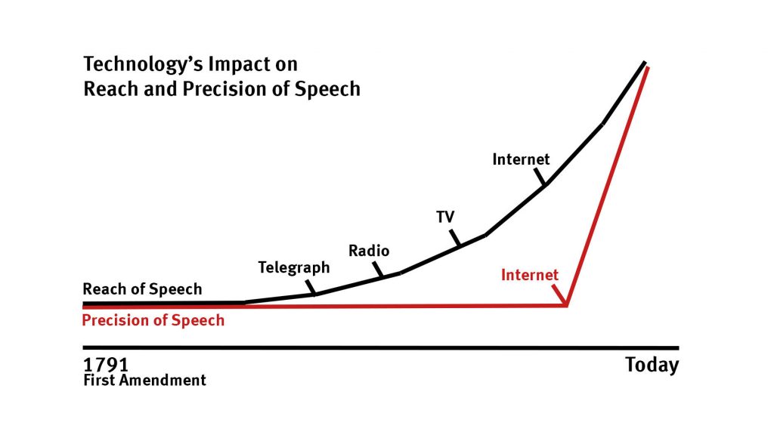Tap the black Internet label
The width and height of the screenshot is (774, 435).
pyautogui.click(x=521, y=159)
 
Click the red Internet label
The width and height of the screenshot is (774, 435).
pyautogui.click(x=530, y=275)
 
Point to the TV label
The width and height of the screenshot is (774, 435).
pyautogui.click(x=445, y=217)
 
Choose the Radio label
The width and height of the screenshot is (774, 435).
pyautogui.click(x=369, y=251)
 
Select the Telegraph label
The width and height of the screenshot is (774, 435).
pyautogui.click(x=294, y=268)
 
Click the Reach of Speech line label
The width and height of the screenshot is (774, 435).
pyautogui.click(x=142, y=289)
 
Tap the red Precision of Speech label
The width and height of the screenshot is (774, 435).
pyautogui.click(x=153, y=320)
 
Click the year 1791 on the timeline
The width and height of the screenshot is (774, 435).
pyautogui.click(x=106, y=365)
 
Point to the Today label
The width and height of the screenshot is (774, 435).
pyautogui.click(x=652, y=366)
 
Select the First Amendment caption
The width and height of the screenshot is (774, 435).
pyautogui.click(x=144, y=381)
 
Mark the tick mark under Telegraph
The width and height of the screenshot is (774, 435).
pyautogui.click(x=311, y=288)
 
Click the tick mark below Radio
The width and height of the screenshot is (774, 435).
pyautogui.click(x=378, y=270)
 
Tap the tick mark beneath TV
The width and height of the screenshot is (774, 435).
pyautogui.click(x=455, y=238)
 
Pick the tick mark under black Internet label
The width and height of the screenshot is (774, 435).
pyautogui.click(x=540, y=177)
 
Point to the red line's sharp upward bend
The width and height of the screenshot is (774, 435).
pyautogui.click(x=567, y=306)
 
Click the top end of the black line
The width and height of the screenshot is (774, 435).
pyautogui.click(x=645, y=62)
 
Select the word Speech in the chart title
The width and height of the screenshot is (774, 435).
pyautogui.click(x=327, y=89)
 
